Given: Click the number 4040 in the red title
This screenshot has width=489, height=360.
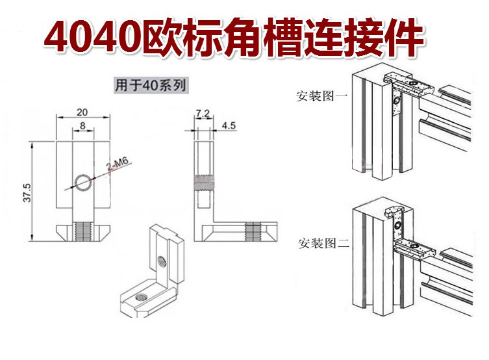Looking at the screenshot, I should click(x=94, y=38).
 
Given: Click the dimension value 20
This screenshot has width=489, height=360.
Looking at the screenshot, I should click(x=81, y=111).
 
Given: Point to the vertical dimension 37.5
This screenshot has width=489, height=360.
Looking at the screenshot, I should click(x=27, y=194).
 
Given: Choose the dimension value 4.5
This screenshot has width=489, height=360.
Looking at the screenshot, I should click(x=228, y=125).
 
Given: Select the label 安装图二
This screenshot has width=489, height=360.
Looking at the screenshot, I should click(x=323, y=244).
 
